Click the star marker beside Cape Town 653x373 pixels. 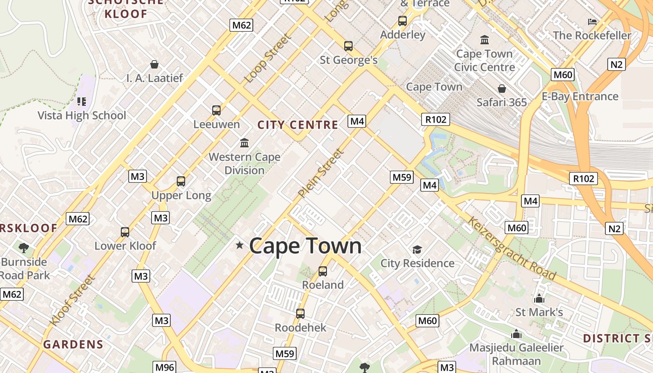point(240,245)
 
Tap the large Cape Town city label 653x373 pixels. point(306,246)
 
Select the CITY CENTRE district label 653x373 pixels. point(298,125)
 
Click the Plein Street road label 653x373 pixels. point(321,173)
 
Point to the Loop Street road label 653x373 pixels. point(268,58)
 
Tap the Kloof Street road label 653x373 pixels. point(73,301)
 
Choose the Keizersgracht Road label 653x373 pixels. point(512,249)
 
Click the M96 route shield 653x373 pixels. point(165,367)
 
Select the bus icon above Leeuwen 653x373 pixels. point(216,111)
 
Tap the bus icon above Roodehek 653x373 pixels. point(300,314)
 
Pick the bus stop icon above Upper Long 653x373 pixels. point(181,181)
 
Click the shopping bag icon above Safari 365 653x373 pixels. point(502,89)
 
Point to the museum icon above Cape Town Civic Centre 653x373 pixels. point(485,40)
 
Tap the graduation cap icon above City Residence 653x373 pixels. point(417,250)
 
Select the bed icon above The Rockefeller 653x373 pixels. point(592,21)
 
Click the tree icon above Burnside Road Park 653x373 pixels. point(24,248)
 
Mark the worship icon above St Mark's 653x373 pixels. point(539,298)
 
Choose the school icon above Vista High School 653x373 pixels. point(82,102)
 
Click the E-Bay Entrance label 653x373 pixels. point(580,97)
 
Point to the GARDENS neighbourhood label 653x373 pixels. point(73,345)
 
